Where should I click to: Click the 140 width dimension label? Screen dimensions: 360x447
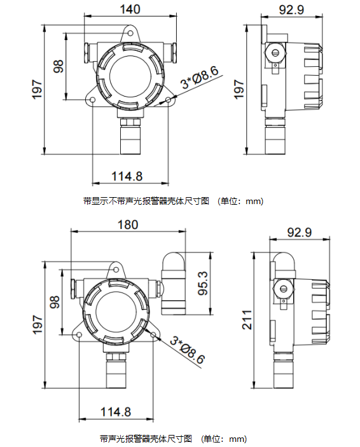pos(130,9)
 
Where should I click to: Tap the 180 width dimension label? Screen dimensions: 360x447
pos(128,224)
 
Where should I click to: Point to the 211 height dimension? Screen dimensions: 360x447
pos(247,320)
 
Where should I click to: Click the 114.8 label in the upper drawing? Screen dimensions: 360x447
pos(127,176)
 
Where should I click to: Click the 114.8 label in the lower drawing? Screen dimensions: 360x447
pos(116,412)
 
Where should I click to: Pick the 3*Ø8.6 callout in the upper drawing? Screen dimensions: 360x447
pos(200,78)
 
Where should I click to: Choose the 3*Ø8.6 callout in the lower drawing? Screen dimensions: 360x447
pos(188,350)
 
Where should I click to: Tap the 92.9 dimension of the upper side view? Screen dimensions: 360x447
pos(291,10)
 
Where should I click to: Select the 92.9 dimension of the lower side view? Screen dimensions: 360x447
pos(300,232)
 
